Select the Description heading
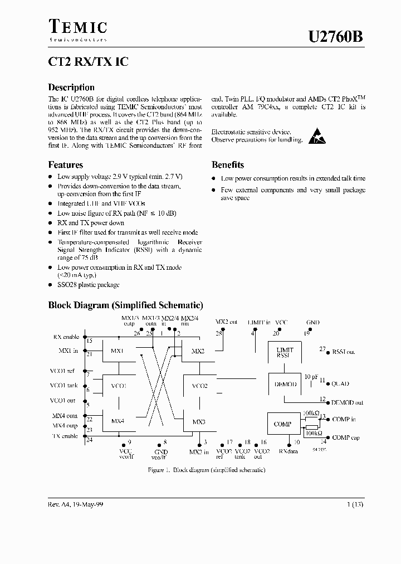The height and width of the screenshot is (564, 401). (71, 87)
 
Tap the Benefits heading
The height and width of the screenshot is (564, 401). (227, 165)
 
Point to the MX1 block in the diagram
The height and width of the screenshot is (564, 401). (118, 352)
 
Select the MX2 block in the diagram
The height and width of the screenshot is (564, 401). (198, 352)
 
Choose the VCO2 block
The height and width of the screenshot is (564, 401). (199, 386)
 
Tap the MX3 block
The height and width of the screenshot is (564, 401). (198, 422)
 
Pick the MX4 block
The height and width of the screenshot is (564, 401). (118, 420)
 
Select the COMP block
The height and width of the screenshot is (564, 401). (283, 424)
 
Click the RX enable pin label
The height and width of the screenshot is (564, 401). (66, 337)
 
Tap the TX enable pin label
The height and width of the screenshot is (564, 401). (66, 436)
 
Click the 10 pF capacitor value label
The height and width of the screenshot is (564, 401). (310, 376)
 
